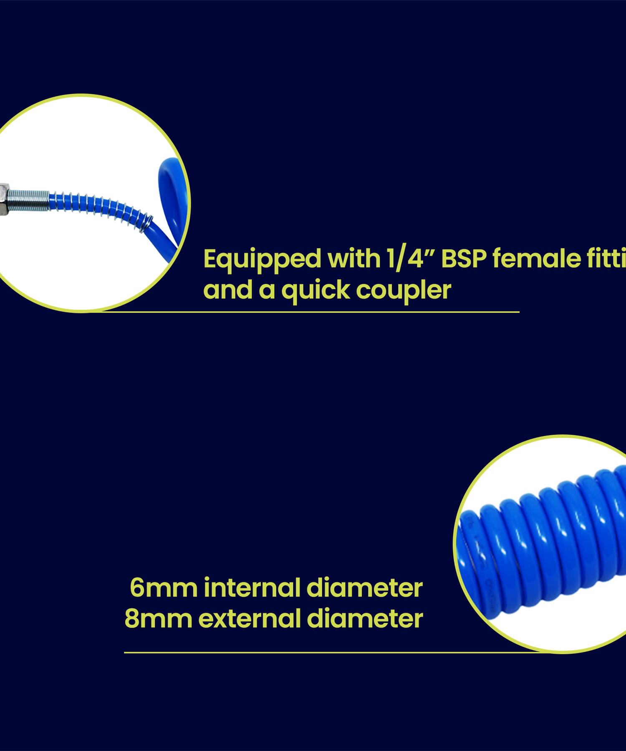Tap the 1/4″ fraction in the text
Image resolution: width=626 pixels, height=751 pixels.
tap(411, 259)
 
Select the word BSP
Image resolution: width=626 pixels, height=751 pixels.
tap(464, 259)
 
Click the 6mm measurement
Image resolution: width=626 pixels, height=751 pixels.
tap(163, 588)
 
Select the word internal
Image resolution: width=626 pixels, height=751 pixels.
tap(252, 588)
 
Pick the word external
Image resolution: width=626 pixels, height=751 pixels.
tap(252, 619)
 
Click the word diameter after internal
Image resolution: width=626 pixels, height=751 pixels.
tap(364, 588)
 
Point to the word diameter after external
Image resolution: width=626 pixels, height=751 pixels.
tap(365, 619)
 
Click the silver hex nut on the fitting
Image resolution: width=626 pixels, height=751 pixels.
tap(4, 200)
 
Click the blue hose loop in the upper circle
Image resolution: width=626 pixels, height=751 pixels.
tap(171, 196)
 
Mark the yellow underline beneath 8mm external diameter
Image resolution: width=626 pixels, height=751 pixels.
tap(292, 653)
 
